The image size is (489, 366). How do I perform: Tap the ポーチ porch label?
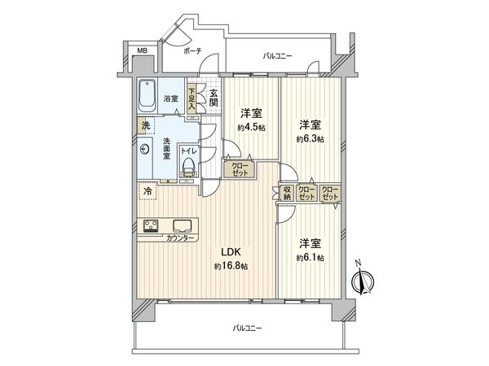click(192, 51)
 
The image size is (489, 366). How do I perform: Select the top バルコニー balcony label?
click(277, 56)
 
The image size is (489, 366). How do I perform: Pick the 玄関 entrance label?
click(214, 97)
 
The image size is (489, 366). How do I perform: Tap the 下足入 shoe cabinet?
click(192, 98)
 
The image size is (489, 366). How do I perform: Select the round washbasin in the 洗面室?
click(145, 150)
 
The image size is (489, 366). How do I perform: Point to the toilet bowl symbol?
click(189, 167)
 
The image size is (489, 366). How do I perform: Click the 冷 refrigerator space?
click(148, 191)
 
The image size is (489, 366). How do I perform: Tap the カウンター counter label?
click(180, 237)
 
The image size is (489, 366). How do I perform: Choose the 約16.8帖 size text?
click(228, 267)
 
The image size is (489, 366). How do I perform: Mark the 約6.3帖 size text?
click(309, 139)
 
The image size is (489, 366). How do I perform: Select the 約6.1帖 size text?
click(309, 257)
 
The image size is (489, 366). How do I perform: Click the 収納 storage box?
click(287, 193)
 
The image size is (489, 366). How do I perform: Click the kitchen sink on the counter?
click(181, 225)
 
